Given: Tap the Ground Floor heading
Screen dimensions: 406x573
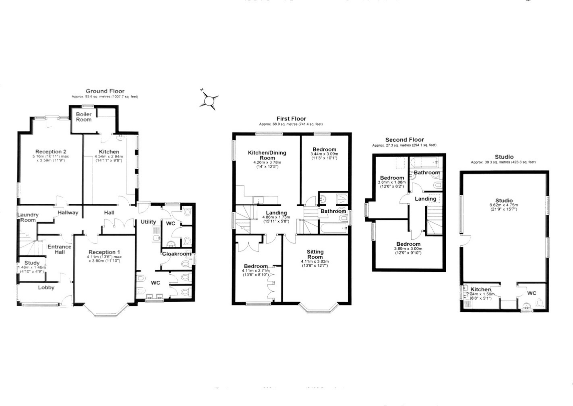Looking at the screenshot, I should click(105, 91).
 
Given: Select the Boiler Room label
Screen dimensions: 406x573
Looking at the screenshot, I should click(84, 117).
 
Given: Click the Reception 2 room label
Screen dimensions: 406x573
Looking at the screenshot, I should click(51, 152).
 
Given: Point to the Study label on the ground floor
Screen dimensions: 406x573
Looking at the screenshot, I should click(32, 263).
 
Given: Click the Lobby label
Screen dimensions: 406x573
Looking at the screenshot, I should click(46, 287).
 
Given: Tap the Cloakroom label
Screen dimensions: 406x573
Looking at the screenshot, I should click(176, 254).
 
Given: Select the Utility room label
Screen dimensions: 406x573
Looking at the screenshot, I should click(148, 222).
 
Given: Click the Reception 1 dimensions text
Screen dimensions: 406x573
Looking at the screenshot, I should click(104, 259).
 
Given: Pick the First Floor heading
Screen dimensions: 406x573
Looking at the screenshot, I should click(291, 119).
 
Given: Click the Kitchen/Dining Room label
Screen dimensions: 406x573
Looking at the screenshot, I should click(267, 155).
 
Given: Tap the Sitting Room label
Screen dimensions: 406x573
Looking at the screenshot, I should click(315, 254).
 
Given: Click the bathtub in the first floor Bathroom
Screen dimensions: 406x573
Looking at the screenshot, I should click(333, 228).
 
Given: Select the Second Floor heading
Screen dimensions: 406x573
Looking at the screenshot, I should click(404, 140).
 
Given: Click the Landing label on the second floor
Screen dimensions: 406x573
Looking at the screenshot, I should click(425, 199).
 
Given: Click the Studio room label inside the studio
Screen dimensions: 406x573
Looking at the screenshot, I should click(504, 200).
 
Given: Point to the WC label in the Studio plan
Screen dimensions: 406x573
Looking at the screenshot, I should click(532, 293).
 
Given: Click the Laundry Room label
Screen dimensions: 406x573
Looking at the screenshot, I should click(28, 217).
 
